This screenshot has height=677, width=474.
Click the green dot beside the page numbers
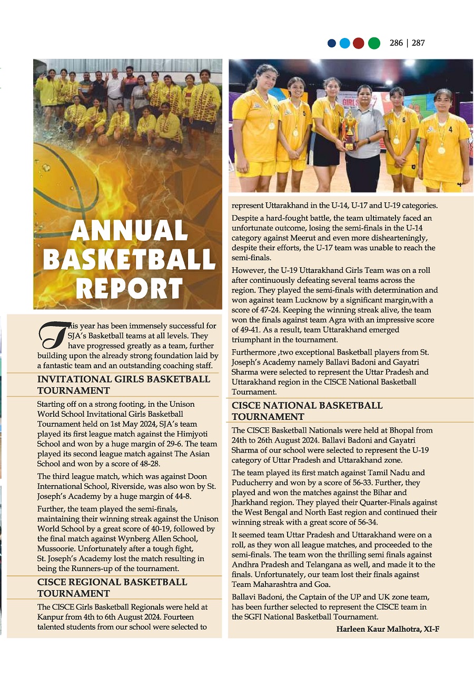pyautogui.click(x=374, y=43)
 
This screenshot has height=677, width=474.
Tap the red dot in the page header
pyautogui.click(x=359, y=43)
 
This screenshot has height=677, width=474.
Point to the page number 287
pyautogui.click(x=418, y=43)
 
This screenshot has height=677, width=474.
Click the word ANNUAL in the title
pyautogui.click(x=129, y=231)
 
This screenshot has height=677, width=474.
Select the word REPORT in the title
pyautogui.click(x=129, y=288)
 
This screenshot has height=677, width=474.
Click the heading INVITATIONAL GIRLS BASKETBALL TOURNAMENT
pyautogui.click(x=123, y=385)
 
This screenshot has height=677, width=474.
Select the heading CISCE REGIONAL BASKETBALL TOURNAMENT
pyautogui.click(x=112, y=587)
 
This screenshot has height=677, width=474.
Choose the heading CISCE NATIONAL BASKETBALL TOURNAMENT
pyautogui.click(x=307, y=411)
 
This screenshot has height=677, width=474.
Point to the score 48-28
pyautogui.click(x=148, y=464)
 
